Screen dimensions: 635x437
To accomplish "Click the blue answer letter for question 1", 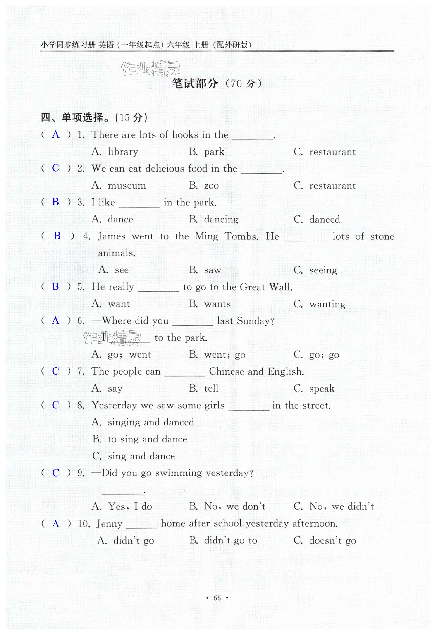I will coord(56,134).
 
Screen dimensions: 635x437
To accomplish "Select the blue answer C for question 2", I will coord(55,168).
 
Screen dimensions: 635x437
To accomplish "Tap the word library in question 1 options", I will coord(123,152).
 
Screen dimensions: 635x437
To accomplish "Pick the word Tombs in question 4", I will coord(241,236).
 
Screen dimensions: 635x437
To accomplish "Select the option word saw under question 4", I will coord(213,270).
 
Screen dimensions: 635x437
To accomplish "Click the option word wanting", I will coord(327,304).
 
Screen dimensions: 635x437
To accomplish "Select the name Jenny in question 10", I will coord(110,524).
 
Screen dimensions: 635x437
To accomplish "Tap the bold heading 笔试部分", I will coord(195,84).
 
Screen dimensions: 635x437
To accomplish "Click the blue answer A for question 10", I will coord(56,524).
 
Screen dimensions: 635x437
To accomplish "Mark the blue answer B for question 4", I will coord(57,236).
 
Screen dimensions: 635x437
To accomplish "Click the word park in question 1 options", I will coord(214,152).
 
